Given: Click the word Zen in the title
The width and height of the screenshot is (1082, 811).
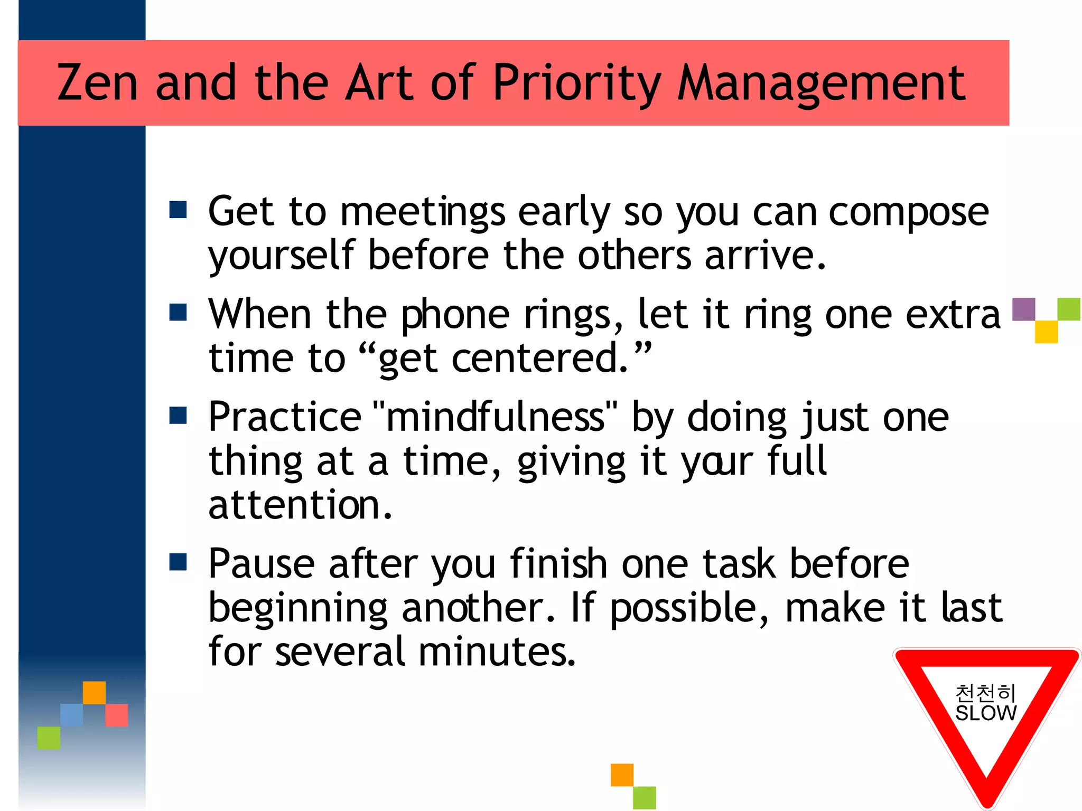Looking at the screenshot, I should (x=97, y=83).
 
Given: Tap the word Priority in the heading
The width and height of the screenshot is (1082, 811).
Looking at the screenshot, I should (x=576, y=83).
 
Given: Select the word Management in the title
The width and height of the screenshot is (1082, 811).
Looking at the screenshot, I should (x=822, y=83).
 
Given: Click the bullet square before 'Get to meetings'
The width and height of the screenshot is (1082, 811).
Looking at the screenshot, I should (x=178, y=210).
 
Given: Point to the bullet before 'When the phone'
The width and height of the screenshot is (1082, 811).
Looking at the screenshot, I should (x=178, y=312).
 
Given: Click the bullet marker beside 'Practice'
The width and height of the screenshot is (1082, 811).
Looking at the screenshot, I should (x=178, y=415).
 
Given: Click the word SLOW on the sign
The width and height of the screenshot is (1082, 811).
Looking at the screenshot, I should (x=986, y=713).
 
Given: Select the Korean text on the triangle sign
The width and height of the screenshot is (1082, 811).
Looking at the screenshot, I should (x=986, y=693).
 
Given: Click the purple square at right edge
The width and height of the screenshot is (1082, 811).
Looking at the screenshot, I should (x=1023, y=309).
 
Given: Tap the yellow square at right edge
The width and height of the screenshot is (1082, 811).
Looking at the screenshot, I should (x=1046, y=332).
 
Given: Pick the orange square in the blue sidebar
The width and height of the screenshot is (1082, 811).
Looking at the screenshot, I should (x=94, y=693).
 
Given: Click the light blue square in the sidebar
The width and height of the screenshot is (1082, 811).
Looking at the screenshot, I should (x=71, y=715).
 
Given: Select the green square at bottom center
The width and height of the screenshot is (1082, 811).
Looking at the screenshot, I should (x=645, y=798).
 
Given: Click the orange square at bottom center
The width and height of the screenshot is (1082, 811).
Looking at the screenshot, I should (x=622, y=775).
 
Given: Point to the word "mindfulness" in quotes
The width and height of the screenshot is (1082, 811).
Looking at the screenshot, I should (x=495, y=417).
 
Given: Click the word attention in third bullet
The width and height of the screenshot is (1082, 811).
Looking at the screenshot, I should (x=300, y=506).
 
